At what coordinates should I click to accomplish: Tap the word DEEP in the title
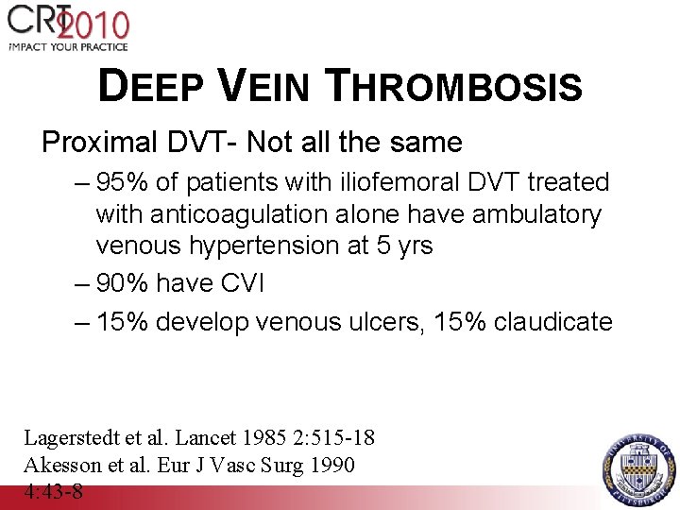[x=155, y=88]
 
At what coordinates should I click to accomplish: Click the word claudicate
[x=552, y=322]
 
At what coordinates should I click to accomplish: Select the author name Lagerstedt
[x=69, y=437]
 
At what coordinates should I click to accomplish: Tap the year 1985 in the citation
[x=266, y=437]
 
